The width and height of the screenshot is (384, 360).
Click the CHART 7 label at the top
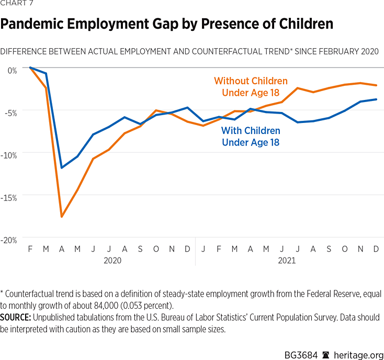click(x=17, y=4)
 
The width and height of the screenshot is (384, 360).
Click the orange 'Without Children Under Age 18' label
click(x=251, y=87)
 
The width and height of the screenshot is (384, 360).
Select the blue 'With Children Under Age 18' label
click(x=251, y=136)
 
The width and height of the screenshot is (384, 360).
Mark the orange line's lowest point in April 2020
click(x=62, y=216)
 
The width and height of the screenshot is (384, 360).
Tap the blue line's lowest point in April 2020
click(x=62, y=167)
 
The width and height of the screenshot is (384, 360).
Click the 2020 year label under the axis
click(x=111, y=260)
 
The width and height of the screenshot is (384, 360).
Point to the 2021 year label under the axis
click(x=286, y=260)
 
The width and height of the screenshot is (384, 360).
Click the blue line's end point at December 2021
click(x=376, y=99)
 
